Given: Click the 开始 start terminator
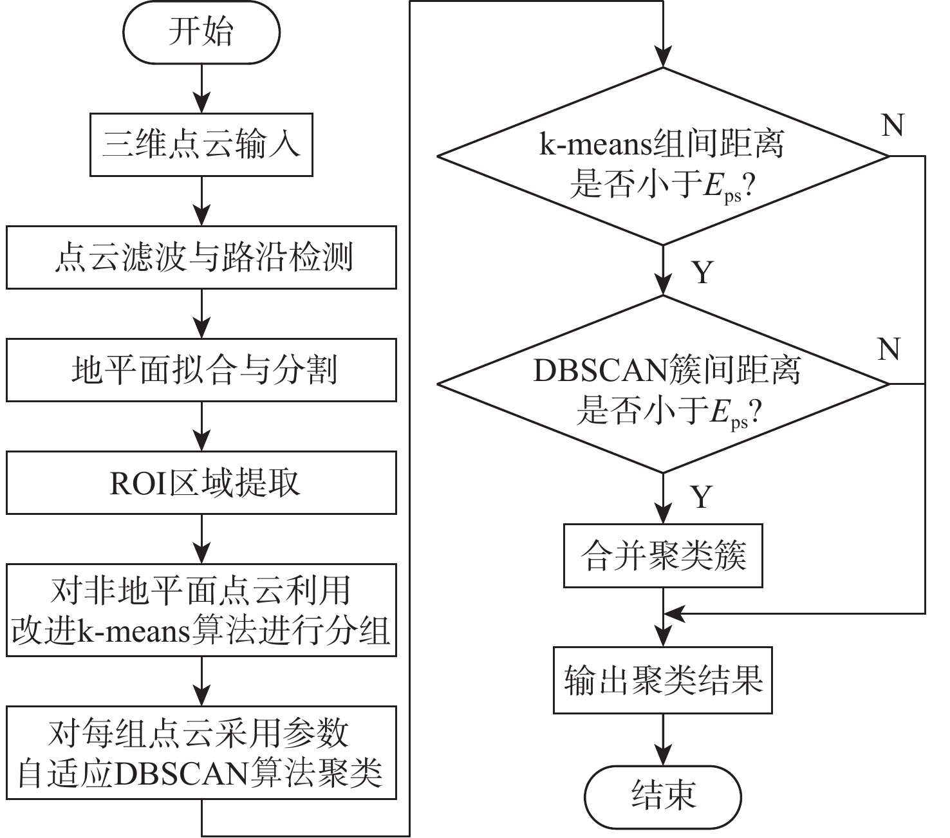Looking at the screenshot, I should tap(201, 32).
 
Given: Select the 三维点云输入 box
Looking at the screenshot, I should tap(201, 145).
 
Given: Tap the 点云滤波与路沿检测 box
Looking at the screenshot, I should tap(201, 257).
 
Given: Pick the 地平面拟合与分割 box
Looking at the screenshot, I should tap(201, 371).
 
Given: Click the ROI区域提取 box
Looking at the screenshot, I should tap(201, 483).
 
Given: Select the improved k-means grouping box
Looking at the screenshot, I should tap(201, 610).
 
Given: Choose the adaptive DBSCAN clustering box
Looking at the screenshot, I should tap(201, 752).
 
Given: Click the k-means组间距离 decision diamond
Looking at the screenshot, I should tap(663, 156).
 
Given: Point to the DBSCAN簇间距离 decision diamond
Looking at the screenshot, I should tap(663, 384).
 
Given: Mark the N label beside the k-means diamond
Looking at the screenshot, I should tap(893, 126).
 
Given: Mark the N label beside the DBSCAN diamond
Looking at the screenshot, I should tap(889, 349).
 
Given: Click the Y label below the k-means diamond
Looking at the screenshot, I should tap(703, 272).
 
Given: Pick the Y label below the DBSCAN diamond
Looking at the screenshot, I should tap(702, 496).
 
